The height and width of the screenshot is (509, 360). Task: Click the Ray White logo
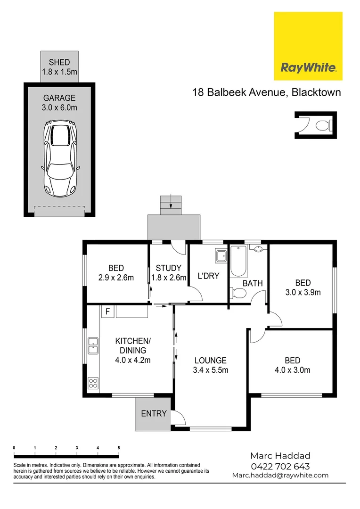(308, 46)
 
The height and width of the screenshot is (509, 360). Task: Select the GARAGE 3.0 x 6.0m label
(59, 103)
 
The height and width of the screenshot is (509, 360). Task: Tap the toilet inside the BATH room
(239, 293)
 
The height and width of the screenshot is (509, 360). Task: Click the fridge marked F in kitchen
(107, 312)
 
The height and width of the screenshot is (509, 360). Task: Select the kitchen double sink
(93, 346)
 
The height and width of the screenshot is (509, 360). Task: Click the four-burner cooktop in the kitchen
(93, 383)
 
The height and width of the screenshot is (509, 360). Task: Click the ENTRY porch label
(154, 413)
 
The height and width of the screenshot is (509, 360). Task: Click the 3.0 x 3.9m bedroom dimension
(303, 292)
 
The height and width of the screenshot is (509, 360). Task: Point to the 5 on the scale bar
(119, 448)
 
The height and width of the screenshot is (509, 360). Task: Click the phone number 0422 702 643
(280, 466)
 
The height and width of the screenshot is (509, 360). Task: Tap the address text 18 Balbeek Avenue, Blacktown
(266, 92)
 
